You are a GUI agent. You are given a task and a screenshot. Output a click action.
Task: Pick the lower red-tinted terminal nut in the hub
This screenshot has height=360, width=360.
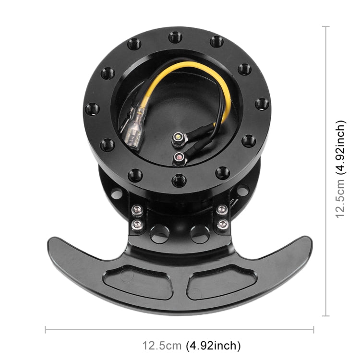pos(179,157)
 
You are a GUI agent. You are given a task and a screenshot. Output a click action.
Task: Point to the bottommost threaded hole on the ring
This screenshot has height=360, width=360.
pos(178,180)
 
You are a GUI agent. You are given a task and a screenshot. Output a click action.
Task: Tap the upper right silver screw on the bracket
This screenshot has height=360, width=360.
pos(222,209)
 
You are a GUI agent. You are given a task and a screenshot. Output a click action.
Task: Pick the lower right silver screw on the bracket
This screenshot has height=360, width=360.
pos(222,224)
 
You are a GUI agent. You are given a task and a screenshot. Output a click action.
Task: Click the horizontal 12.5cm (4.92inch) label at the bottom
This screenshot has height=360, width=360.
pos(191,345)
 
